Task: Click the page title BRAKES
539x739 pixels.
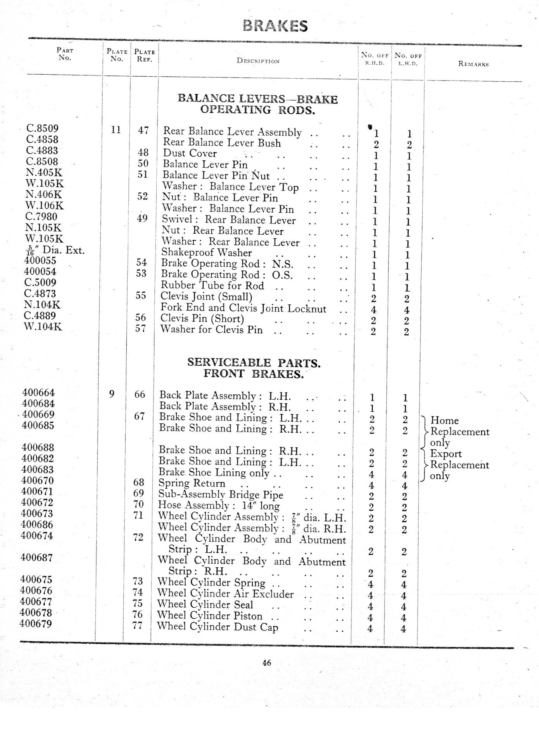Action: point(275,26)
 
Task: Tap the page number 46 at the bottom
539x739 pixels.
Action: point(267,663)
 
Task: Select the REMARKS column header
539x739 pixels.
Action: point(473,64)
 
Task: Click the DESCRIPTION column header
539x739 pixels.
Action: point(258,61)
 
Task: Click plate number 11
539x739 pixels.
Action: point(116,129)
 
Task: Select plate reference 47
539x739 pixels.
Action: point(143,130)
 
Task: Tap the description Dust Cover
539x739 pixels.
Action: point(190,153)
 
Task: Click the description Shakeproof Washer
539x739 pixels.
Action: point(207,253)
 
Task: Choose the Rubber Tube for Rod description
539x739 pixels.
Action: point(212,285)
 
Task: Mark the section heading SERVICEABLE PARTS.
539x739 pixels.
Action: point(254,363)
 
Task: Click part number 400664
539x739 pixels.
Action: point(38,392)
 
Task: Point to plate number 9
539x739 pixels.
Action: point(112,394)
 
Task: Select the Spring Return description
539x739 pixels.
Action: point(192,483)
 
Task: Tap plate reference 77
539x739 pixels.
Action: point(137,626)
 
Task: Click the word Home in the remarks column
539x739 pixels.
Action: point(444,421)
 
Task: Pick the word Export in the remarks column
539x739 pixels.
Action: point(446,454)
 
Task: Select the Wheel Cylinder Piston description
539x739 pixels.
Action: point(210,616)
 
